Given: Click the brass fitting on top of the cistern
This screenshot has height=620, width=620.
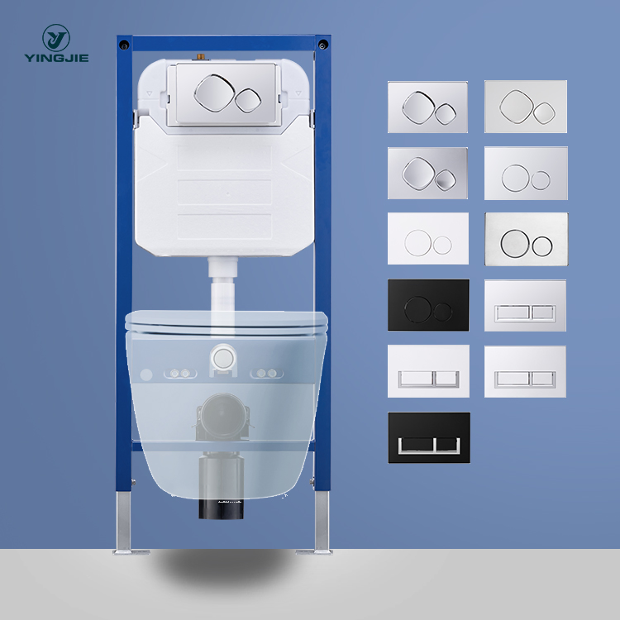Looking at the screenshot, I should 199,60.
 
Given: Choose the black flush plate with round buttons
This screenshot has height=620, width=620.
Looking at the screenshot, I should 428,305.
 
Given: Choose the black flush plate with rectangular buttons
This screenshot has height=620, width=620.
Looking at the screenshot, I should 429,437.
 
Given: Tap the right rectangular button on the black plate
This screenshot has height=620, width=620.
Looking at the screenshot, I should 446,444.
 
